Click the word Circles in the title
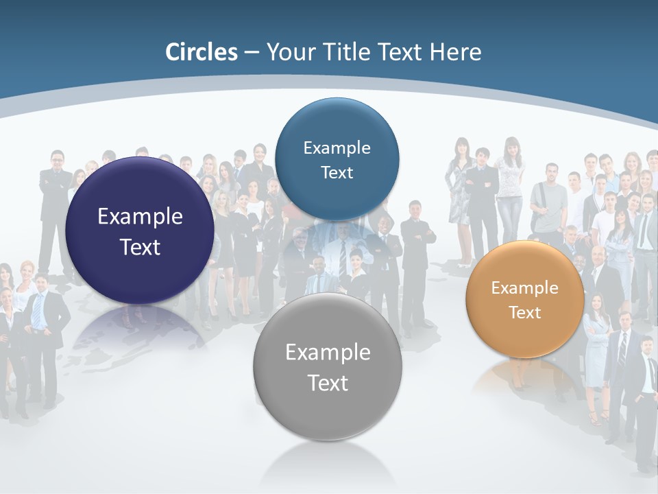pos(201,52)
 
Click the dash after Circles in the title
pos(251,53)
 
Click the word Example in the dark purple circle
pos(140,216)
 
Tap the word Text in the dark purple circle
pos(140,247)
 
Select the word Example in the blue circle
pos(337,148)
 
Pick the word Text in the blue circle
pos(337,172)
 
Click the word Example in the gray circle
pos(328,352)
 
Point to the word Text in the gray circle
pos(328,383)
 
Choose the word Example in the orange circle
pos(524,287)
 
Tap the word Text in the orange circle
pos(524,312)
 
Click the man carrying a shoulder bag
pos(548,199)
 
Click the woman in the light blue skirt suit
pos(596,343)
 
